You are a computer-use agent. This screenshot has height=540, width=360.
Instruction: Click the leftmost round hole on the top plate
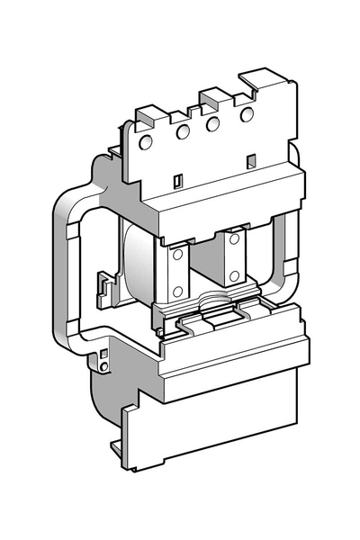click(146, 141)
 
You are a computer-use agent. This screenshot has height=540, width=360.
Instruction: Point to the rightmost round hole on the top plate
click(247, 114)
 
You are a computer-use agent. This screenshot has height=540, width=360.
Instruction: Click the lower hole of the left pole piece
click(177, 290)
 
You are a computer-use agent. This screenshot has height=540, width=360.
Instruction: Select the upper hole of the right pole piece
click(234, 239)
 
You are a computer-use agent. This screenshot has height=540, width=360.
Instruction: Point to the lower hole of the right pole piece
click(234, 275)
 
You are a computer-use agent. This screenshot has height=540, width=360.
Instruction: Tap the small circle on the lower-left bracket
click(104, 366)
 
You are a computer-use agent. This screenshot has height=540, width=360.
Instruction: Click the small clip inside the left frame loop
click(107, 287)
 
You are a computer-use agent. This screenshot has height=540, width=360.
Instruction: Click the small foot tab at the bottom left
click(118, 447)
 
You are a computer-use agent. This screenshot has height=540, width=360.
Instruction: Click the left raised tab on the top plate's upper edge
click(149, 114)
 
